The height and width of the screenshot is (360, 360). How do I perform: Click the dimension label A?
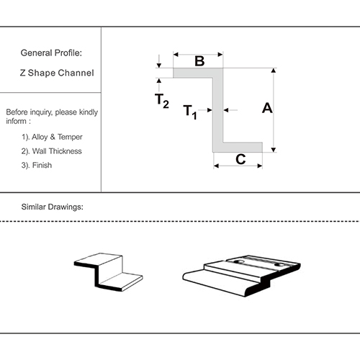(x=267, y=108)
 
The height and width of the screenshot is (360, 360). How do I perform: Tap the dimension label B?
(x=199, y=61)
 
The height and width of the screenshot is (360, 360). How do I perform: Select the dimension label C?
(x=240, y=159)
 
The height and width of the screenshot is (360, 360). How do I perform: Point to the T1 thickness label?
(x=190, y=112)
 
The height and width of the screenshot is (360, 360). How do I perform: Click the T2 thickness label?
(x=162, y=101)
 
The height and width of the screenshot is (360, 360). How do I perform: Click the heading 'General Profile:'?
(x=51, y=53)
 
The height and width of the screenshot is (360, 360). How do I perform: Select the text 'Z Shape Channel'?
(x=57, y=73)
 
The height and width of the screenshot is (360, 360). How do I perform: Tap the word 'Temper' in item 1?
(x=70, y=137)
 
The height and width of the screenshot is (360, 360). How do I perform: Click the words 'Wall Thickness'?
(x=57, y=151)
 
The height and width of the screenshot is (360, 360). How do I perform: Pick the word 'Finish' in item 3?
(x=42, y=165)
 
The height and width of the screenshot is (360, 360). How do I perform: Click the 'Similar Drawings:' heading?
(x=53, y=207)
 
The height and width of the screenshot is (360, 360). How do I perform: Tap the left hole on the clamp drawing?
(x=238, y=261)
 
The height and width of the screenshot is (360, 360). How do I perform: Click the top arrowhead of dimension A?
(x=274, y=71)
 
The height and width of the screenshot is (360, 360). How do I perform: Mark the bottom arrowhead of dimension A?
(x=274, y=150)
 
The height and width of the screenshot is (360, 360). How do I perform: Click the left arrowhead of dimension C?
(x=216, y=166)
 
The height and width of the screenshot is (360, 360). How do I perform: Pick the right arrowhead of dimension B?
(x=220, y=55)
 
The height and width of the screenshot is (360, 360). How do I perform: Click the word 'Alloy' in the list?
(x=40, y=137)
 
